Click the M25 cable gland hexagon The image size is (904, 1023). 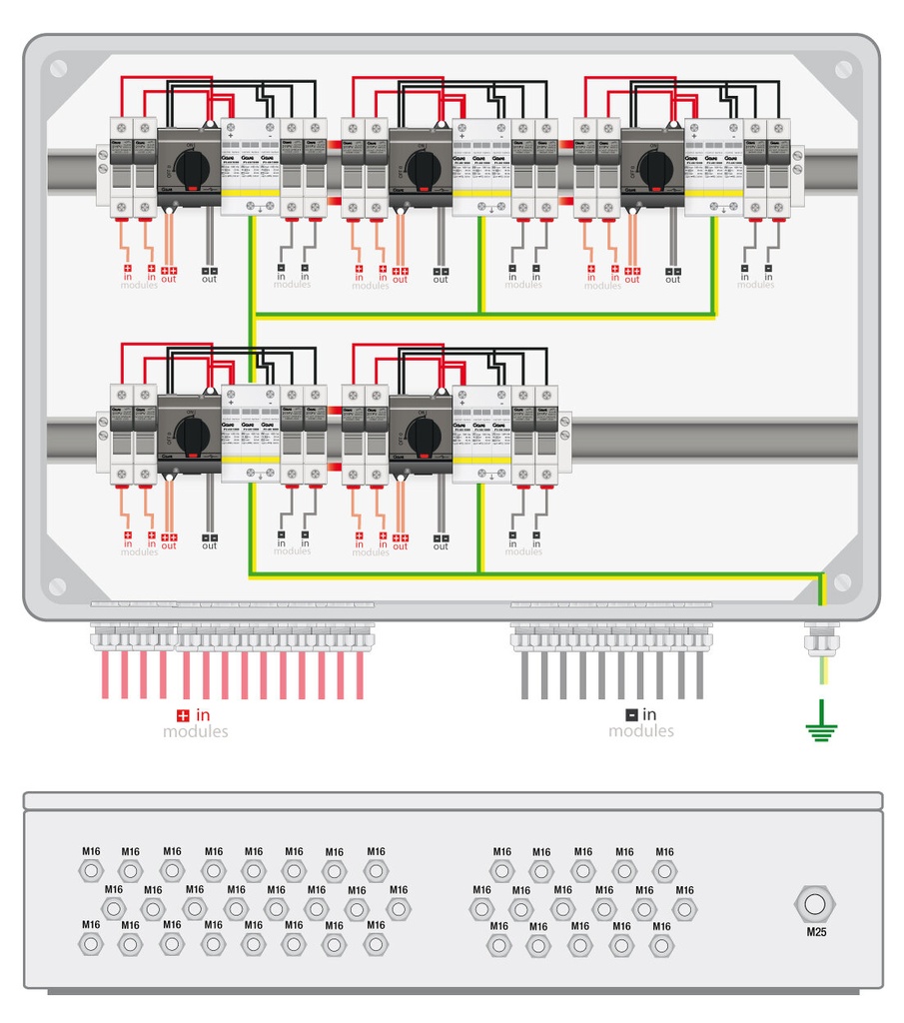point(815,905)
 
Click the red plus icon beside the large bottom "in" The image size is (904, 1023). point(182,715)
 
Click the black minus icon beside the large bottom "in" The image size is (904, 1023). point(631,715)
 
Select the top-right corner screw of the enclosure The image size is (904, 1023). point(844,69)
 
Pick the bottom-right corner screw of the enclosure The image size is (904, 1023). point(844,581)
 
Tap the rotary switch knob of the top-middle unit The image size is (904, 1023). point(424,167)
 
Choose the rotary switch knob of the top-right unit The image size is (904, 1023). point(656,167)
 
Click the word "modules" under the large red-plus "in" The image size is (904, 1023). point(196,732)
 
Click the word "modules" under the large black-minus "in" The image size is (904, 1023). point(641,732)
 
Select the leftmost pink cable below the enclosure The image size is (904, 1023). point(105,674)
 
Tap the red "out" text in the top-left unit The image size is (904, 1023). point(169,280)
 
